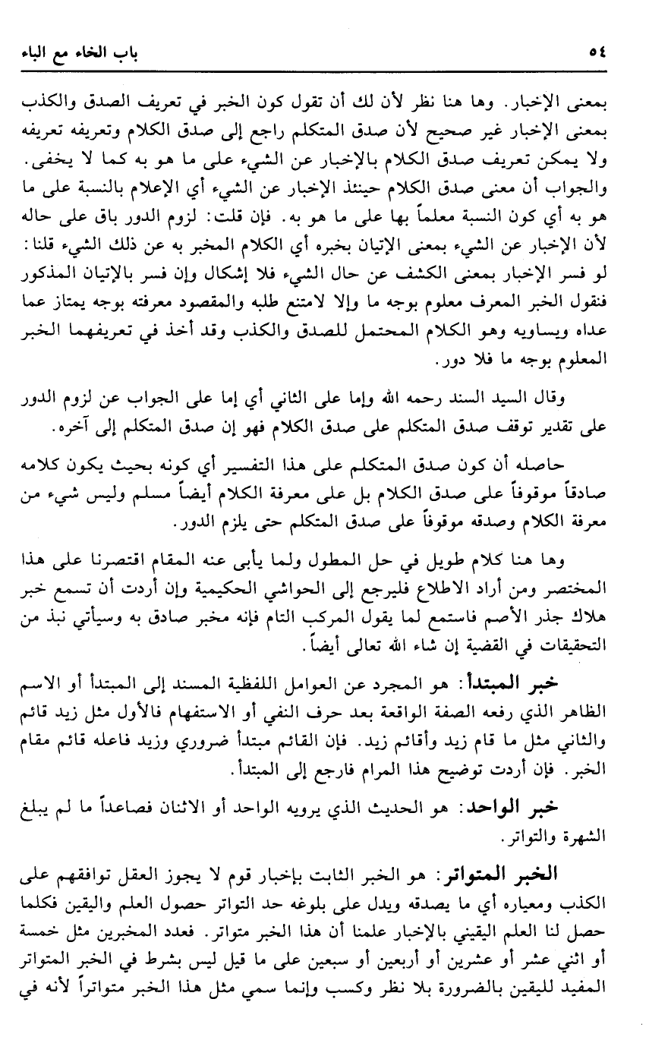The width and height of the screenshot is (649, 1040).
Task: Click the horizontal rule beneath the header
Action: pos(324,70)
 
